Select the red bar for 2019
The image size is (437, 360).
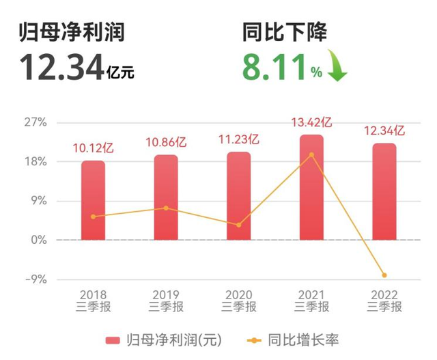(x=166, y=197)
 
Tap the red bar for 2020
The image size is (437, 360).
(x=239, y=196)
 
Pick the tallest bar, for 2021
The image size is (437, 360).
(x=311, y=187)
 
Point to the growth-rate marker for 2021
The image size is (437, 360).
(x=311, y=154)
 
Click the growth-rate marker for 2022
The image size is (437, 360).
(x=384, y=275)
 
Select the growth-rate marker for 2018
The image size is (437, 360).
(x=93, y=217)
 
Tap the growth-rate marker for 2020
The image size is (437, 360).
(x=239, y=225)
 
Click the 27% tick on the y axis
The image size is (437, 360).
(x=35, y=123)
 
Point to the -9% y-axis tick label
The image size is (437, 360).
(x=35, y=279)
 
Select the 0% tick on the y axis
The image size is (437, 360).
(x=38, y=240)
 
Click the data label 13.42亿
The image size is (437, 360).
(x=311, y=123)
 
